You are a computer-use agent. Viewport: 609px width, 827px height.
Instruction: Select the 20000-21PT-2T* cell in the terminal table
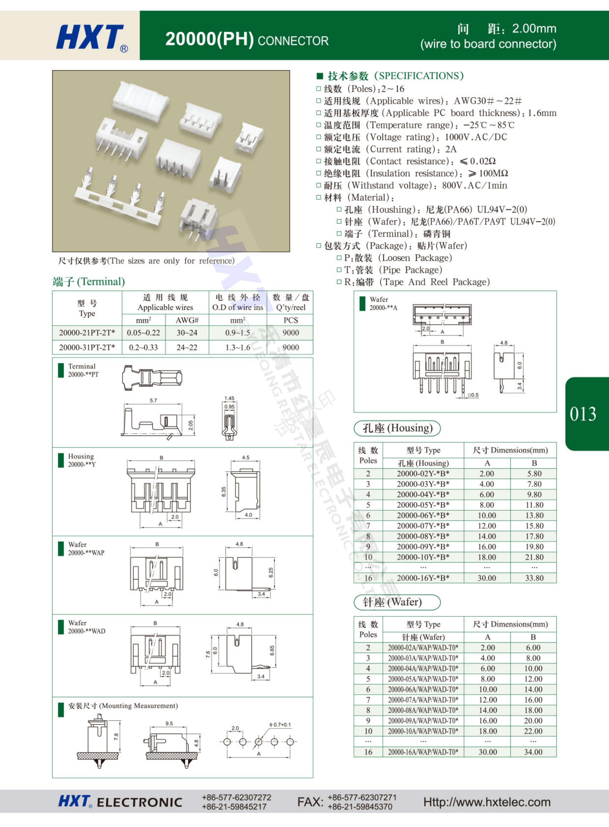(x=87, y=333)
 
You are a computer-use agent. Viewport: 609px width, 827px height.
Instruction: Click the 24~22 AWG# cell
(x=187, y=347)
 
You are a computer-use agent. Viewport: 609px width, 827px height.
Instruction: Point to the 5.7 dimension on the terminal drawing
(x=153, y=400)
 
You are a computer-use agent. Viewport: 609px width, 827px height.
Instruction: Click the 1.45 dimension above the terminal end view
(x=229, y=398)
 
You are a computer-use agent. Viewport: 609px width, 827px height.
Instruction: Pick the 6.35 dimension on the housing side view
(x=223, y=491)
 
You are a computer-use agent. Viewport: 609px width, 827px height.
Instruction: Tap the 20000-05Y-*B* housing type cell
(x=423, y=505)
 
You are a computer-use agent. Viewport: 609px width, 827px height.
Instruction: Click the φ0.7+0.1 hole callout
(x=280, y=725)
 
